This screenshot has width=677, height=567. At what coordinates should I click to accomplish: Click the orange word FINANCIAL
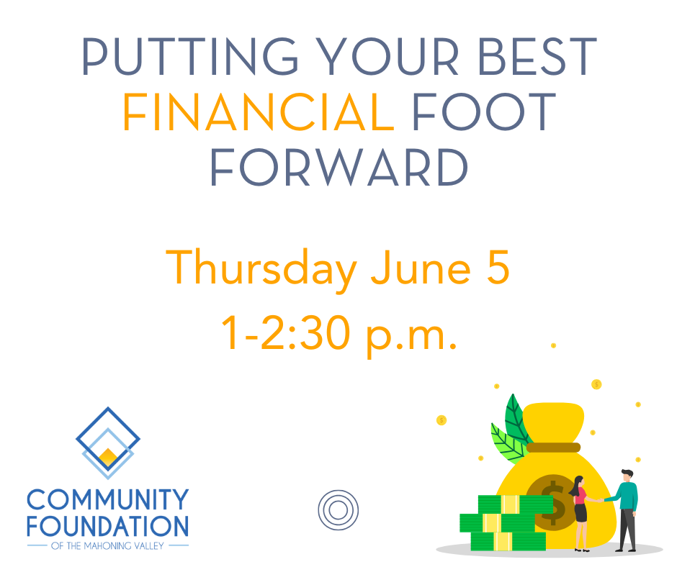coord(258,112)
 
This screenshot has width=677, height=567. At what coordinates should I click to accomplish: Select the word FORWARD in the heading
coord(339,168)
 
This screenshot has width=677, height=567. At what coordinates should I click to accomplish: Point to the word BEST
coord(537,57)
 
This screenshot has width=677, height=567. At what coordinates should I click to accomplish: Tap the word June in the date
coord(421,268)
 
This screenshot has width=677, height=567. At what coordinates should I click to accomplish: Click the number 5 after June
coord(498,268)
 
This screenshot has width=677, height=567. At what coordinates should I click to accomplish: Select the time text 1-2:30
coord(285,332)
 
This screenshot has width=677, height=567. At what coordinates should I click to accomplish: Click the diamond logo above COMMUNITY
coord(108,443)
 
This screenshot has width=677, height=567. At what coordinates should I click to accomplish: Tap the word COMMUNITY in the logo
coord(108,499)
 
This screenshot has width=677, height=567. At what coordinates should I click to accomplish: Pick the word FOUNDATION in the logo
coord(108,526)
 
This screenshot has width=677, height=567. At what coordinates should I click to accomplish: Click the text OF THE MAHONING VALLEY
coord(107,546)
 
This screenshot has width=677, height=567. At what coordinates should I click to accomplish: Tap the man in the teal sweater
coord(626,510)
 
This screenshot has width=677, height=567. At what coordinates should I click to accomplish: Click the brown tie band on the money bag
coord(553,448)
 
